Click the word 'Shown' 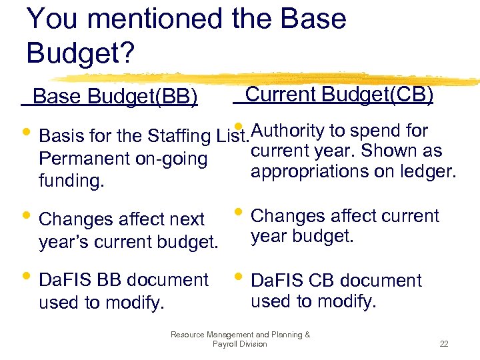pos(391,151)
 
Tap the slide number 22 pos(443,344)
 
